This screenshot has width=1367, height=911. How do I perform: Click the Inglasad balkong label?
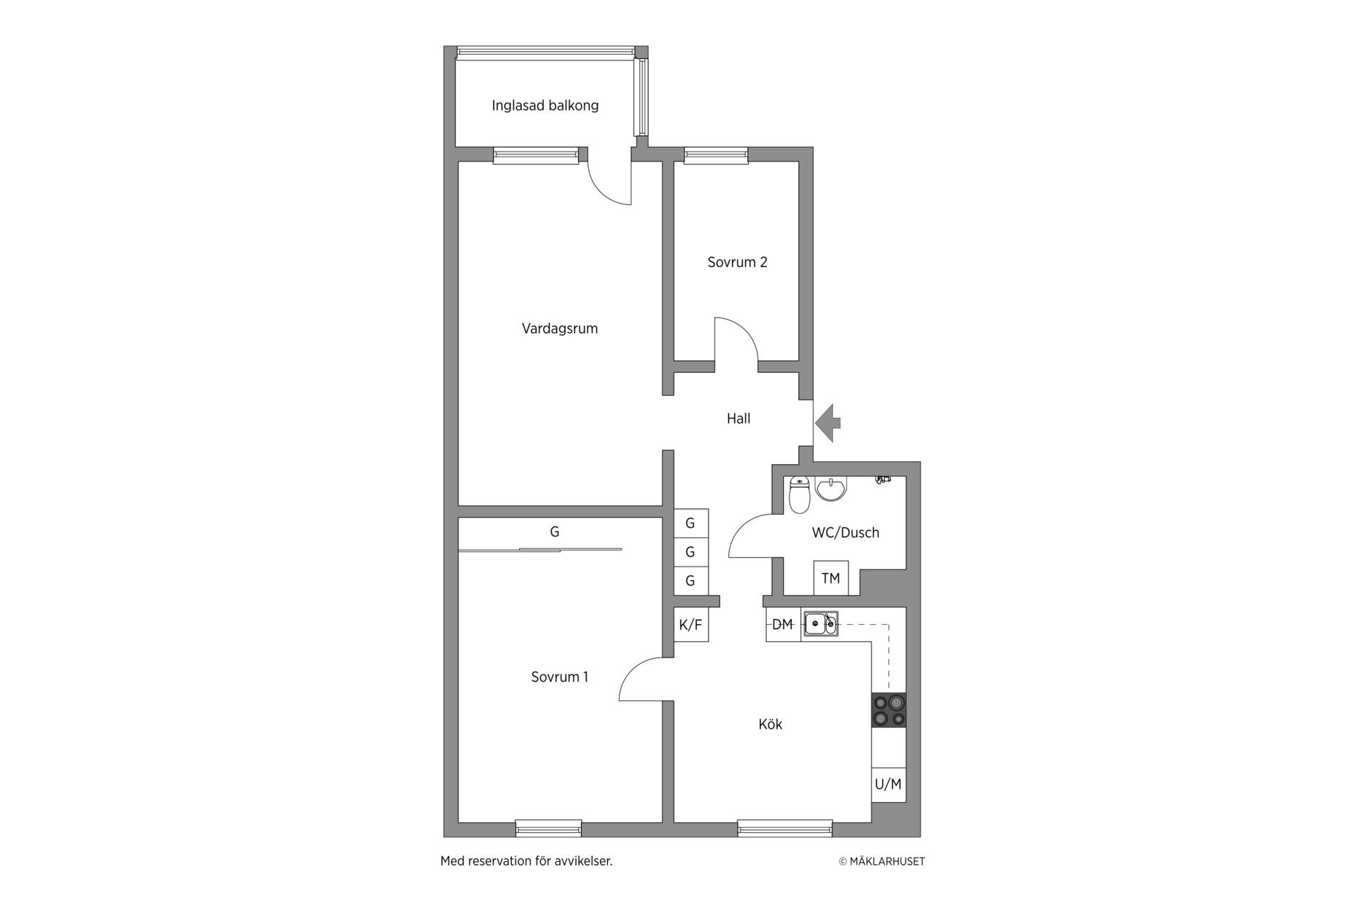(x=545, y=106)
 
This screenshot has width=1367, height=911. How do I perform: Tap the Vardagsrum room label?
(x=560, y=329)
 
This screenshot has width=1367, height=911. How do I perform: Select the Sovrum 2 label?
(x=737, y=262)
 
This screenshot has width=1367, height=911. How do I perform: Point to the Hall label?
(x=738, y=418)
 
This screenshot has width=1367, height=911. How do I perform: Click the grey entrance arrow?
(x=828, y=423)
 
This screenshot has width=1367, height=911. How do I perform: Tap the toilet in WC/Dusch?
(x=800, y=495)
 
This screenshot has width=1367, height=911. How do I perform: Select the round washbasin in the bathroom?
(x=831, y=489)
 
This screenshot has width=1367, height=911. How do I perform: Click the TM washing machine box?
(x=831, y=578)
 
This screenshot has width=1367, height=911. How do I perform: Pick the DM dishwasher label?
(x=782, y=624)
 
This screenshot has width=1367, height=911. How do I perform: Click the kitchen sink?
(x=821, y=623)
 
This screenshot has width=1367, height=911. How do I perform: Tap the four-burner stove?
(x=889, y=710)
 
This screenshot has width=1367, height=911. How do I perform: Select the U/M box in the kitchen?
(x=889, y=785)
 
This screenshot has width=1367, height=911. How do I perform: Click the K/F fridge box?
(x=691, y=625)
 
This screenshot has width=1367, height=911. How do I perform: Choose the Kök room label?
(x=770, y=725)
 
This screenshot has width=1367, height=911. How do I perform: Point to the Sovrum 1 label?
(x=560, y=677)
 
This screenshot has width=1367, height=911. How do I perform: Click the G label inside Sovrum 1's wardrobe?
(x=555, y=532)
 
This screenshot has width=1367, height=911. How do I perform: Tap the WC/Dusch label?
(x=845, y=532)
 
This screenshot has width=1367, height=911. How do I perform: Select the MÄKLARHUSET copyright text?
(x=881, y=861)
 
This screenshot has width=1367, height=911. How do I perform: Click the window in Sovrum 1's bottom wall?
(x=548, y=828)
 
